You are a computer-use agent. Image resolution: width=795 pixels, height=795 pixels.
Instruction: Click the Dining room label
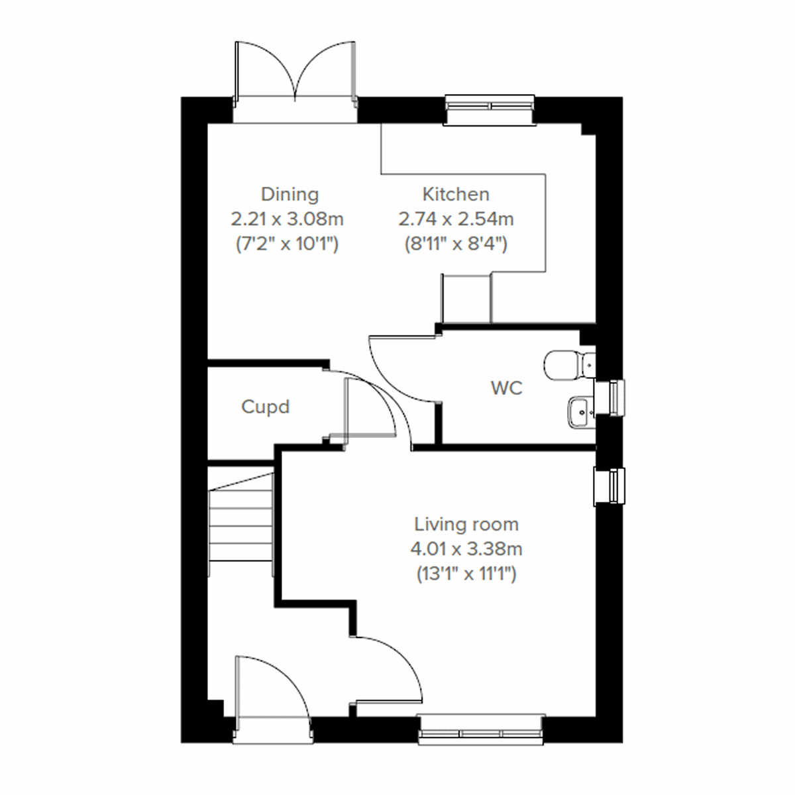290,195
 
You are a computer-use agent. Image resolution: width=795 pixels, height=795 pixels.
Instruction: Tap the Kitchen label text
456,195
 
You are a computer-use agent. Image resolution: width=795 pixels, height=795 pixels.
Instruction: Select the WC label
506,388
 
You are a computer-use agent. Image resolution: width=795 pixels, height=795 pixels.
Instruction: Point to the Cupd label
265,407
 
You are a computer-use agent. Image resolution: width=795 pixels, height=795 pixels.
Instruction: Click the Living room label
466,525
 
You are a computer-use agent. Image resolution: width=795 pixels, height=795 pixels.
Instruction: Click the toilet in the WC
567,364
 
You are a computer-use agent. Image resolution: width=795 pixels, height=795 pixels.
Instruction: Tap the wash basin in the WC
580,411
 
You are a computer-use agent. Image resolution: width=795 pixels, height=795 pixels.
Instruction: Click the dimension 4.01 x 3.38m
466,549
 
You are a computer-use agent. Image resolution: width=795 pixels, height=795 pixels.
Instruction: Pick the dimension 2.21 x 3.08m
288,219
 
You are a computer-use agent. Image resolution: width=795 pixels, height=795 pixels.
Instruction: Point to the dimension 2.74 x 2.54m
456,219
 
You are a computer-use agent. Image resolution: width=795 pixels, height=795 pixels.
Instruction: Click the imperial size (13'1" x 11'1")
466,574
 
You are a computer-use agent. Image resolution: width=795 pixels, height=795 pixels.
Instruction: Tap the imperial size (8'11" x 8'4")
456,244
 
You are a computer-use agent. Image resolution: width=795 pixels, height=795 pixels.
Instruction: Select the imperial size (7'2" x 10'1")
288,244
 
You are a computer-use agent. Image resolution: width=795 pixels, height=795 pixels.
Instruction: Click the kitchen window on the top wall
490,109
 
